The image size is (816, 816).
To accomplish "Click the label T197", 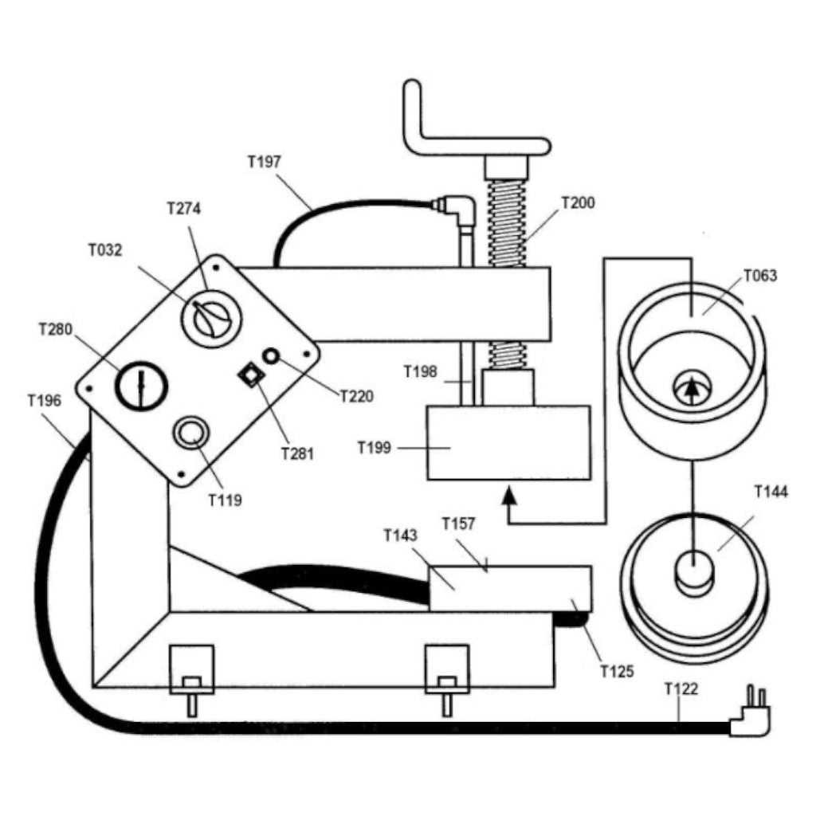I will click(264, 163).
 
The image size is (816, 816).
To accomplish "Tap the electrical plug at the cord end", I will click(751, 717).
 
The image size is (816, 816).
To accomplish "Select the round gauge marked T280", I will click(142, 385).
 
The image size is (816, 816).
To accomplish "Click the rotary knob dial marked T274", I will click(211, 318).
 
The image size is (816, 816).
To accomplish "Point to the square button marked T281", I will click(252, 373).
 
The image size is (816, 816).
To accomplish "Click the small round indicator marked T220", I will click(272, 356).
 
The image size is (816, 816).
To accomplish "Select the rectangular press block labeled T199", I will click(508, 442).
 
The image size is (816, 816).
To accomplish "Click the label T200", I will click(578, 203).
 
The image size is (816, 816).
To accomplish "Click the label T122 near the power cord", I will click(681, 689).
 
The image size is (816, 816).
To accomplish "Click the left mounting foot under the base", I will click(191, 677).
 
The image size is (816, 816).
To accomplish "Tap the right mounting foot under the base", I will click(447, 677).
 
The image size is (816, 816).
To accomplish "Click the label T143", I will click(400, 535).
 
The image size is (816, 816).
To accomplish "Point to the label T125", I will click(617, 671).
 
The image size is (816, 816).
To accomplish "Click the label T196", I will click(44, 400).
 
